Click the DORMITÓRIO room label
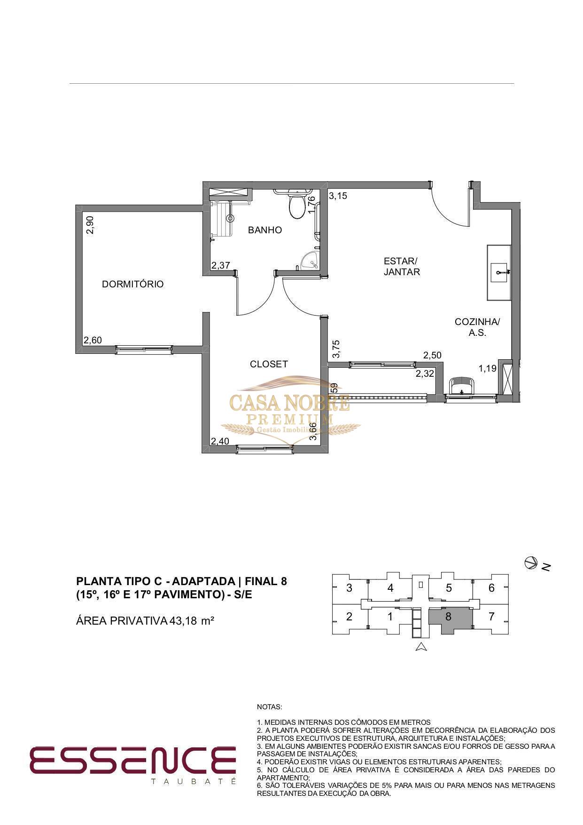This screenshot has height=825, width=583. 133,284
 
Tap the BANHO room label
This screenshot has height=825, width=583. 265,230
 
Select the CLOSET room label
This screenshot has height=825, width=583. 269,364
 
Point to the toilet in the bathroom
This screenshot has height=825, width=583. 297,206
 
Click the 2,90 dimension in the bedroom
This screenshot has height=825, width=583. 90,225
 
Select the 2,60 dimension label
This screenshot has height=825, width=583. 93,340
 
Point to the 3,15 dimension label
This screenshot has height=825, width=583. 338,196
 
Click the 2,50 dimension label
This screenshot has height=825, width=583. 432,355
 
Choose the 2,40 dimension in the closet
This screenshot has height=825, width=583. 220,441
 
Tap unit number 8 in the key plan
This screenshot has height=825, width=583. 448,616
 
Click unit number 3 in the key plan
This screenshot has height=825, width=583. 349,587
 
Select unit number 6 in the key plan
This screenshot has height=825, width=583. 491,587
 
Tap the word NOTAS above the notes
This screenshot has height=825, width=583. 269,707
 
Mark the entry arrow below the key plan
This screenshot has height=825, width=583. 421,647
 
